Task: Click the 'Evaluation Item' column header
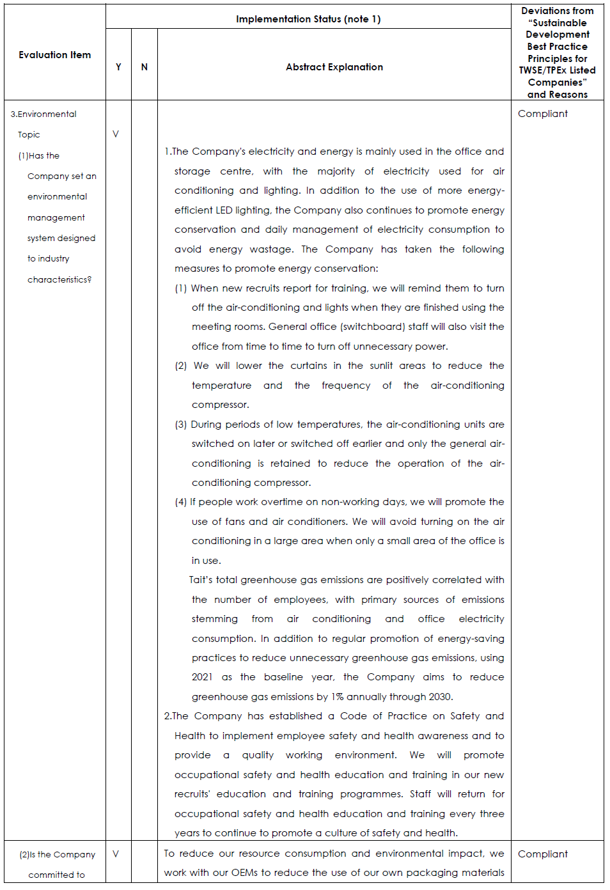tap(54, 55)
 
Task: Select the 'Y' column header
tap(118, 67)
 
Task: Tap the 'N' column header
tap(145, 67)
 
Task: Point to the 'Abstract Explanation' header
tap(334, 67)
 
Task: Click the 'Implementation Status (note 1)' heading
tap(308, 19)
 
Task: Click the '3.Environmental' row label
tap(43, 114)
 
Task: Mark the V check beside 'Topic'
tap(116, 134)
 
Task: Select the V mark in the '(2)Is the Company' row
tap(116, 854)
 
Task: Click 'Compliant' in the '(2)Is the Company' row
tap(543, 854)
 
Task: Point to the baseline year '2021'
tap(202, 677)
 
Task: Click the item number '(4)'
tap(181, 502)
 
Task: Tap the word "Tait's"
tap(201, 580)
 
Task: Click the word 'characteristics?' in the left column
tap(59, 280)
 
